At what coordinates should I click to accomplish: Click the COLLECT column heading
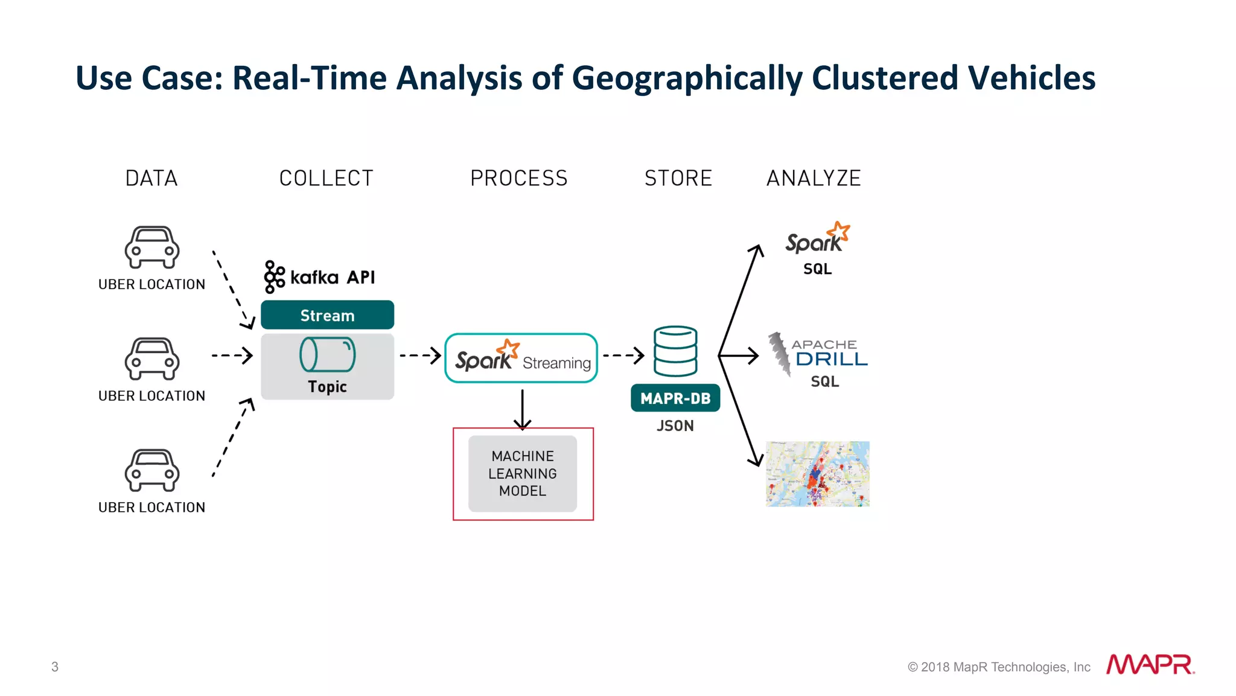click(x=326, y=179)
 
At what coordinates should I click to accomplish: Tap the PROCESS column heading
click(x=519, y=179)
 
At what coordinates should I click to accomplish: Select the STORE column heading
click(x=678, y=179)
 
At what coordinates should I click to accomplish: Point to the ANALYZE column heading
click(x=814, y=179)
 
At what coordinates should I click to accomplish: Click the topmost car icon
click(x=152, y=247)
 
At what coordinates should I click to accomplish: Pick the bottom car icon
click(x=152, y=470)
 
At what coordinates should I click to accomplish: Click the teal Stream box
click(x=327, y=315)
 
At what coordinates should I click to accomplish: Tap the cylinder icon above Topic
click(x=327, y=354)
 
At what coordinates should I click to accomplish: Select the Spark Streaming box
click(x=521, y=358)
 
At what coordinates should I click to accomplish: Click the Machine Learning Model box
click(x=523, y=474)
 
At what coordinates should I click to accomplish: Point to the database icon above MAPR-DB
click(x=675, y=351)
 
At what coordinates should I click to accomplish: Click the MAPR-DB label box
click(x=675, y=398)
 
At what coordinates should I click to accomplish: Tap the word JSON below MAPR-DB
click(x=675, y=426)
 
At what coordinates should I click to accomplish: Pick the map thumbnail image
click(x=818, y=474)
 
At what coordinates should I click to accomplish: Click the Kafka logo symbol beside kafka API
click(x=274, y=277)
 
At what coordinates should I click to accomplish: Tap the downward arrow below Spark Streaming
click(x=523, y=410)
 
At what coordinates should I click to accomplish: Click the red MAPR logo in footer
click(x=1150, y=665)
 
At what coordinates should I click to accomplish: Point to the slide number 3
click(x=55, y=667)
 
